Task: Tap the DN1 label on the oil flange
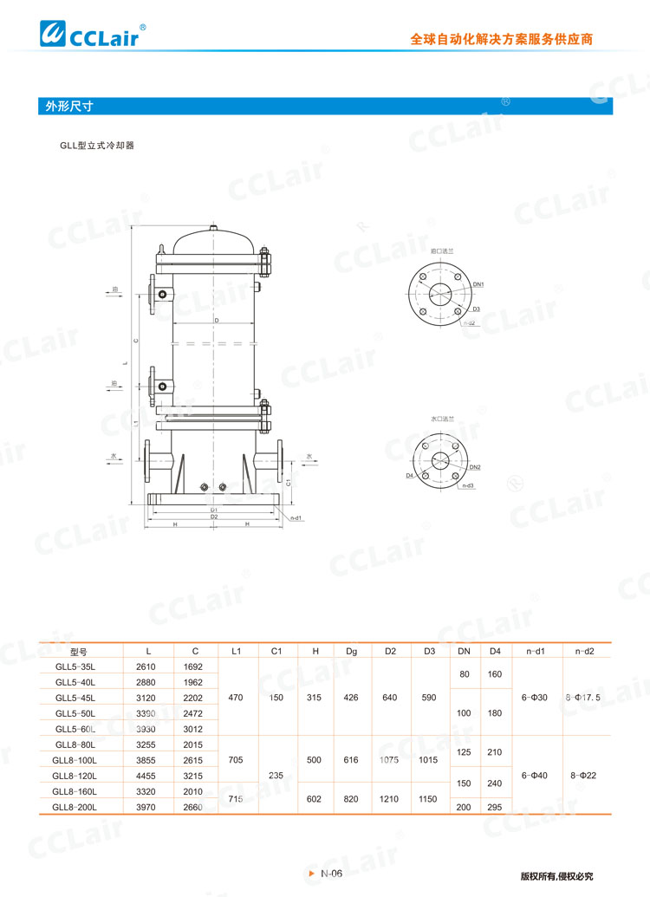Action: [478, 284]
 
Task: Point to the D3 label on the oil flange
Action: [476, 309]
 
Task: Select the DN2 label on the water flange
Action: [475, 467]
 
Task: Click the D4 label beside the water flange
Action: [409, 476]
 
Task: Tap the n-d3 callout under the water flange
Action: [468, 486]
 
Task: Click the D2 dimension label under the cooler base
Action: [214, 517]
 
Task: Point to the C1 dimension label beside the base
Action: [288, 482]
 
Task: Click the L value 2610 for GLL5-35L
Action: [146, 666]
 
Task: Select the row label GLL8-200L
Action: [75, 806]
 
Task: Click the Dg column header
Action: [351, 650]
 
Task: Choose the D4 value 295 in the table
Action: [495, 806]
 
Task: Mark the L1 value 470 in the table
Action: [235, 697]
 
